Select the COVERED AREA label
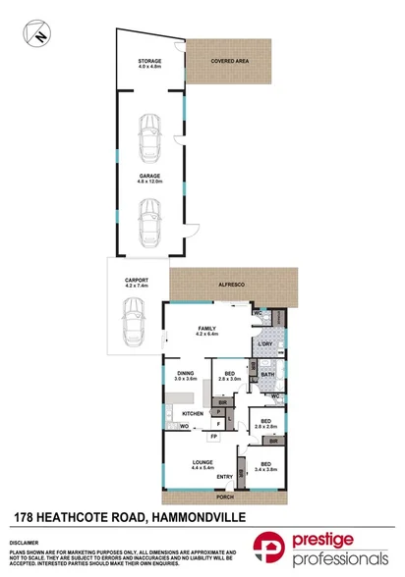(228, 61)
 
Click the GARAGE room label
(148, 176)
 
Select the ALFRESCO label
(232, 282)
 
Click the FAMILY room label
(206, 330)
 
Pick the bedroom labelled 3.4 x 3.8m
(263, 464)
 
